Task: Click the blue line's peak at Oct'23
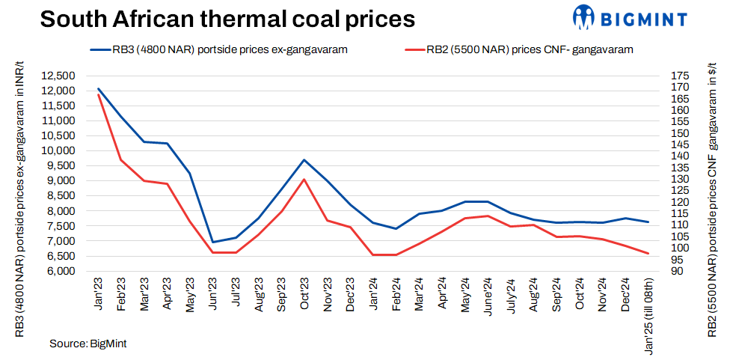(304, 159)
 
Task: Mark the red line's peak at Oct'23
(304, 179)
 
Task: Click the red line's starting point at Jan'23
(99, 94)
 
